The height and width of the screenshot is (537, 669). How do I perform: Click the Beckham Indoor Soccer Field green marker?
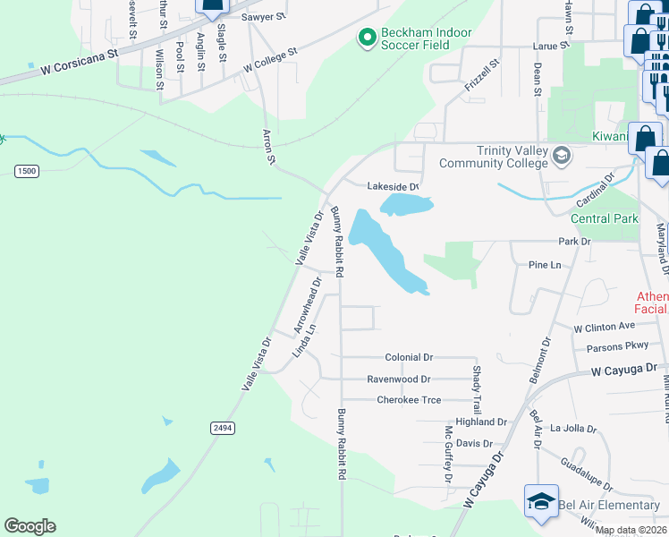click(365, 38)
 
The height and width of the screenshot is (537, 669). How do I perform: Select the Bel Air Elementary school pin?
click(541, 503)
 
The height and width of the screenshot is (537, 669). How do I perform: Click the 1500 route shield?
click(27, 170)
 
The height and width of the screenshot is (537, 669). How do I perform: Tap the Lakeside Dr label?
click(393, 186)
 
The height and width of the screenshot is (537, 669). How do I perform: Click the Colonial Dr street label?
click(409, 357)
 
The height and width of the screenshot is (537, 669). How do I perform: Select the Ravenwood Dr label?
click(399, 379)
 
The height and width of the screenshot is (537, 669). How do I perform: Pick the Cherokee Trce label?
click(409, 400)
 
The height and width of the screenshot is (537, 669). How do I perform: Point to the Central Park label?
click(605, 218)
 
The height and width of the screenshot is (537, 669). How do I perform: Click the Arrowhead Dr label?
click(309, 305)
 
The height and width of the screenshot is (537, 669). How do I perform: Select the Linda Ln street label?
click(306, 340)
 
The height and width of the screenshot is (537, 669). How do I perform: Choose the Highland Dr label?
click(481, 422)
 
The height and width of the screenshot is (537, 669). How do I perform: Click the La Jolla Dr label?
click(573, 428)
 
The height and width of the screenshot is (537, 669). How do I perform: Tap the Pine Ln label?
click(544, 266)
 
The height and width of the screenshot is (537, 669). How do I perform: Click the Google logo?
click(30, 526)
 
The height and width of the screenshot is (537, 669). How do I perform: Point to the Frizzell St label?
click(479, 67)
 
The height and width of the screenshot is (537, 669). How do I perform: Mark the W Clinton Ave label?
click(604, 326)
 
